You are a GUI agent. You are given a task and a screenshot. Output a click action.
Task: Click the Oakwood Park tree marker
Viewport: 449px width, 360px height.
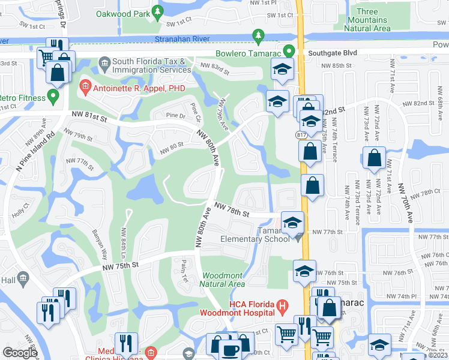157,11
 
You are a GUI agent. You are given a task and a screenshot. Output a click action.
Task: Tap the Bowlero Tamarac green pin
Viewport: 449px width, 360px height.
288,52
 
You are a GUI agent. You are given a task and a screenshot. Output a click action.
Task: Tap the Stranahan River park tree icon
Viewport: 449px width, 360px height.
258,37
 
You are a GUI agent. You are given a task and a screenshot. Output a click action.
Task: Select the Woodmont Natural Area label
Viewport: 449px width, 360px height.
223,279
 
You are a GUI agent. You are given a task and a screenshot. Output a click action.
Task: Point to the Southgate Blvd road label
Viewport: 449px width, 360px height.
333,53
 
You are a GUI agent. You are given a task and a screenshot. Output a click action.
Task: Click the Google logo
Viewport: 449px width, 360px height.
20,353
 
